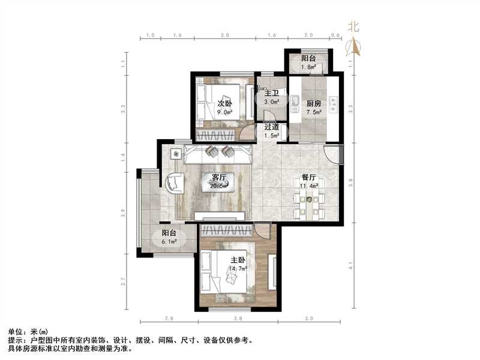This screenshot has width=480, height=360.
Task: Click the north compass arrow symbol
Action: [x=355, y=46]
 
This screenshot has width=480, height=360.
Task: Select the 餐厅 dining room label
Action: [x=308, y=178]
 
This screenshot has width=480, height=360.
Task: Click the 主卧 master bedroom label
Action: [x=238, y=260]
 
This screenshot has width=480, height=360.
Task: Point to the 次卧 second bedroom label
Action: [x=224, y=103]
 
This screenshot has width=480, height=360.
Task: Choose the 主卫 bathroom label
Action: [x=272, y=94]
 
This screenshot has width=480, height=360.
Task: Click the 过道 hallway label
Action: [x=272, y=127]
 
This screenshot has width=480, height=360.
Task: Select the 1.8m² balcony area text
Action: [x=309, y=67]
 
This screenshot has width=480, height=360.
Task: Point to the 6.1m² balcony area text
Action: [x=169, y=242]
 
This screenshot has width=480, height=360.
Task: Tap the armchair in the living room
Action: [x=173, y=182]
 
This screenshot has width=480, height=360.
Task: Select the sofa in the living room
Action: [x=217, y=155]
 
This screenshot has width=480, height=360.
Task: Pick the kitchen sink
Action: [x=295, y=104]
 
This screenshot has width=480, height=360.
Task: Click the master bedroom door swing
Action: [x=262, y=230]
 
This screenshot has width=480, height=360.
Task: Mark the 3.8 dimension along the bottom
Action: [x=238, y=319]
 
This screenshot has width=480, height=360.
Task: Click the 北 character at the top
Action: [x=354, y=26]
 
